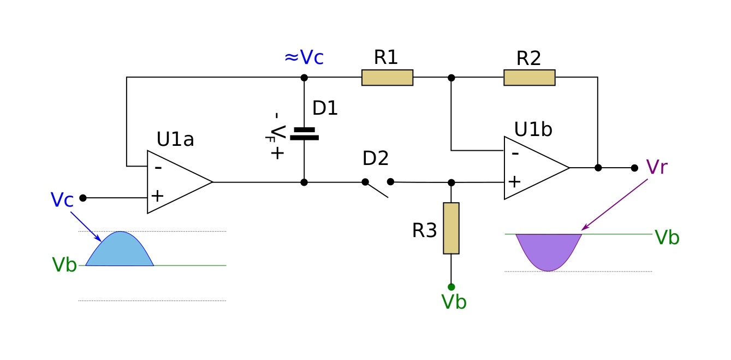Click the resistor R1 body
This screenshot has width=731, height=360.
point(387,78)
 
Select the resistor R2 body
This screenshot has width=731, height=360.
point(529,78)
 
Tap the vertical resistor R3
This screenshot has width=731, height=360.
point(451,228)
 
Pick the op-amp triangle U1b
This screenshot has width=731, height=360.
point(536,168)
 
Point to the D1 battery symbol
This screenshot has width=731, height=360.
point(304,134)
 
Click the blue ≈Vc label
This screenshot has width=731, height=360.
point(304,57)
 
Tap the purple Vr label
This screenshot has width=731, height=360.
point(656,167)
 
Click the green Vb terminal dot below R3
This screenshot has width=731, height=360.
point(451,287)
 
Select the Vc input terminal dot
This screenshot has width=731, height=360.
point(83,198)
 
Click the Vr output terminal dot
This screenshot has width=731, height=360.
point(634,168)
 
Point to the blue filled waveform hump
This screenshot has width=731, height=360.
point(120,251)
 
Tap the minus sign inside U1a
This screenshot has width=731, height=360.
point(158,168)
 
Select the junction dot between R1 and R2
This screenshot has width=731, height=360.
point(451,78)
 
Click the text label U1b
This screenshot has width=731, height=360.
point(533,129)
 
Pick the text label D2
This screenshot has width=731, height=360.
point(376,158)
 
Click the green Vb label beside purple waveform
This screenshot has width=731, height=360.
point(667,238)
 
